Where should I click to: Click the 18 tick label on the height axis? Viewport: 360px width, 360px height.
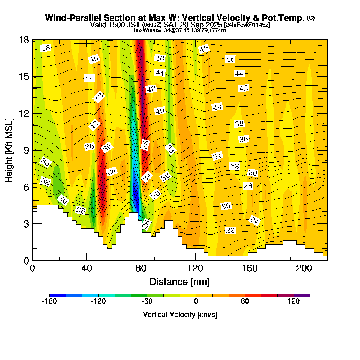[24, 40]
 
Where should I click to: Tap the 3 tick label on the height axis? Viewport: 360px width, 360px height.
[26, 224]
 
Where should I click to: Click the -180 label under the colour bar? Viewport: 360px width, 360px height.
[49, 301]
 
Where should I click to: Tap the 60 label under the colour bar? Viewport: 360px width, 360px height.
[245, 301]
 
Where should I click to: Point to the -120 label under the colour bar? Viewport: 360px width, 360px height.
[98, 301]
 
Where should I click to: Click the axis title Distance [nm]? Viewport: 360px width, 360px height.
[179, 282]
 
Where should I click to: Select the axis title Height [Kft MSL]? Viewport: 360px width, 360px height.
[9, 150]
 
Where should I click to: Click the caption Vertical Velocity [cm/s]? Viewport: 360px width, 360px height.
[180, 315]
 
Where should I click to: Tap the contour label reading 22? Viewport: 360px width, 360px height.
[230, 230]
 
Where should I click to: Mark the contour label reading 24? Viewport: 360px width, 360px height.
[254, 221]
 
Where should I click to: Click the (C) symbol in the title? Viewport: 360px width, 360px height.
[310, 18]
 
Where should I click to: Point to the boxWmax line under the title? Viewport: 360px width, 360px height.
[180, 30]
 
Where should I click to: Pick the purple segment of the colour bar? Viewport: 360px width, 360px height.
[302, 295]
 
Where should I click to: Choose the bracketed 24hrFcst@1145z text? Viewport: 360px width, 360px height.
[247, 25]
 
